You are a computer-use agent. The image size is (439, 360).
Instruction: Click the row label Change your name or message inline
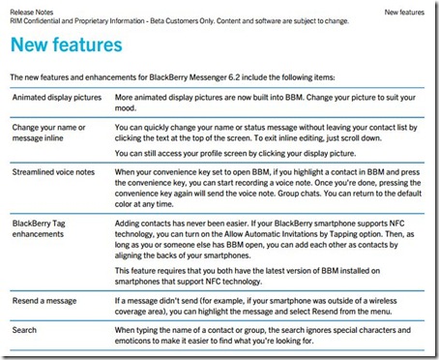[50, 132]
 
